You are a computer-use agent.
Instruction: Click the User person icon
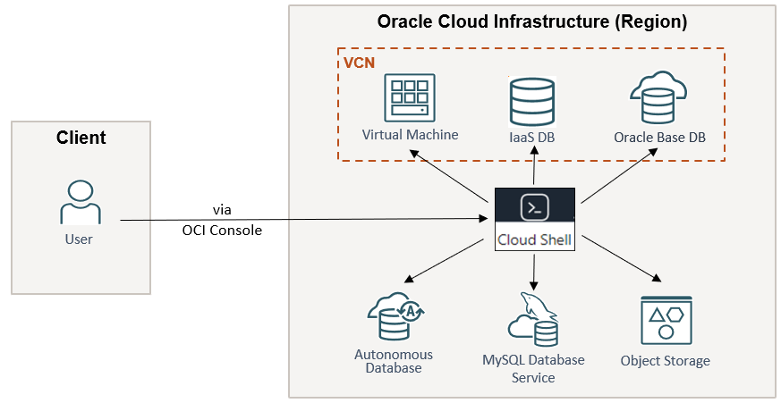80,202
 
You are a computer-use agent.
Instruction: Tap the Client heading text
81,138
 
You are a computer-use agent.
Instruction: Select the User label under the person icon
79,239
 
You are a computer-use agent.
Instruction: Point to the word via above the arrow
222,209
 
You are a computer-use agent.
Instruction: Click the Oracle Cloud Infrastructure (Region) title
531,22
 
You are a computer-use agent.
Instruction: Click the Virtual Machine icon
410,97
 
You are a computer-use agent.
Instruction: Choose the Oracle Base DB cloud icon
658,97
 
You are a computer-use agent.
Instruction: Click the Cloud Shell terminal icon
534,208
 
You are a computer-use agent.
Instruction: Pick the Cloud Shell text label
535,239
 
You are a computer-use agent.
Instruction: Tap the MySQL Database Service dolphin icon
533,318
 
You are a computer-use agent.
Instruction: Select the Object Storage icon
665,319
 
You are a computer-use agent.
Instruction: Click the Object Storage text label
665,361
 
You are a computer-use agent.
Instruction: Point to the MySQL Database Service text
533,368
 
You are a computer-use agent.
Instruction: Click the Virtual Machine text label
410,135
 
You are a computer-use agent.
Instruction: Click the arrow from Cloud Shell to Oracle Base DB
618,169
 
